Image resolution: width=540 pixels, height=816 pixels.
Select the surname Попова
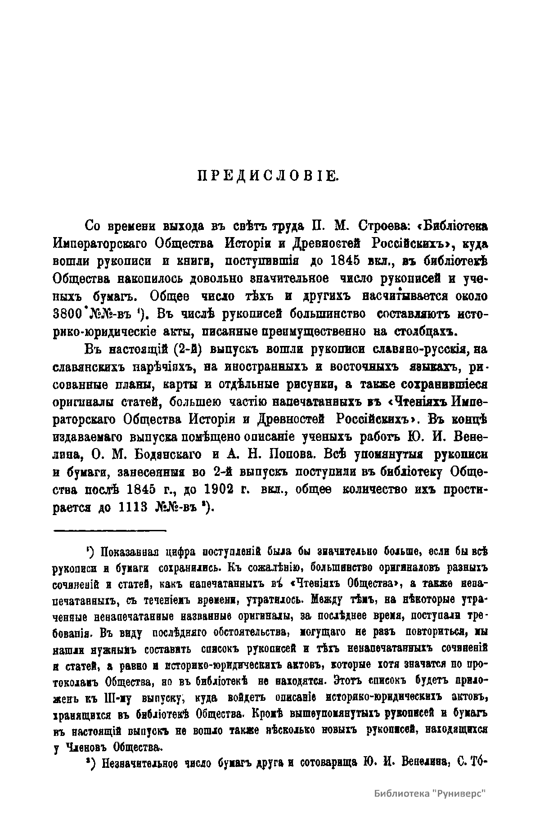tap(293, 454)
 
